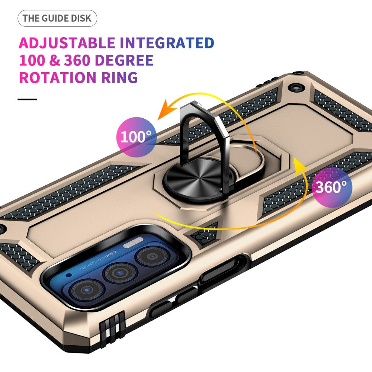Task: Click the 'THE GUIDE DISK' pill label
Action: click(57, 19)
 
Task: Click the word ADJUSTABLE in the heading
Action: click(67, 43)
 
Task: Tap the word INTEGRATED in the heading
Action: click(167, 43)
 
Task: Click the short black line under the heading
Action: click(27, 99)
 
